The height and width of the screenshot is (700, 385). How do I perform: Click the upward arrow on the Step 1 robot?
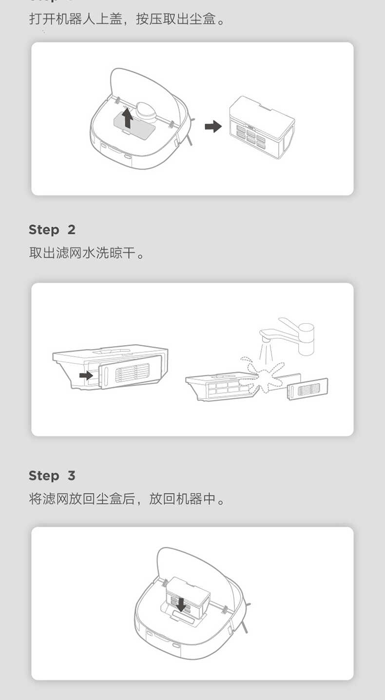(x=127, y=117)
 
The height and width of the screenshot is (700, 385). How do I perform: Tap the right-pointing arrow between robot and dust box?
(x=213, y=127)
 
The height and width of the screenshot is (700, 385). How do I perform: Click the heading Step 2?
(x=52, y=230)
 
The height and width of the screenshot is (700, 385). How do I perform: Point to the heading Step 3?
(x=52, y=476)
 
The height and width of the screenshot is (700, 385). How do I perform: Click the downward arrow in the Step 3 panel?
(x=181, y=605)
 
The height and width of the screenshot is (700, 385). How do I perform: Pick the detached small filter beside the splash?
(x=307, y=389)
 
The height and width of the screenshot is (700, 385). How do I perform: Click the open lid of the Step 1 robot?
(x=146, y=88)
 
